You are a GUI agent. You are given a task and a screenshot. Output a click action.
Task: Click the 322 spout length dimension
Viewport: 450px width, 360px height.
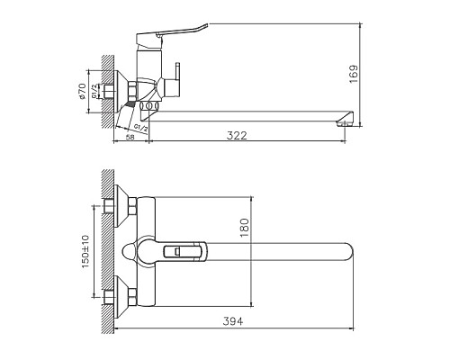click(237, 135)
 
